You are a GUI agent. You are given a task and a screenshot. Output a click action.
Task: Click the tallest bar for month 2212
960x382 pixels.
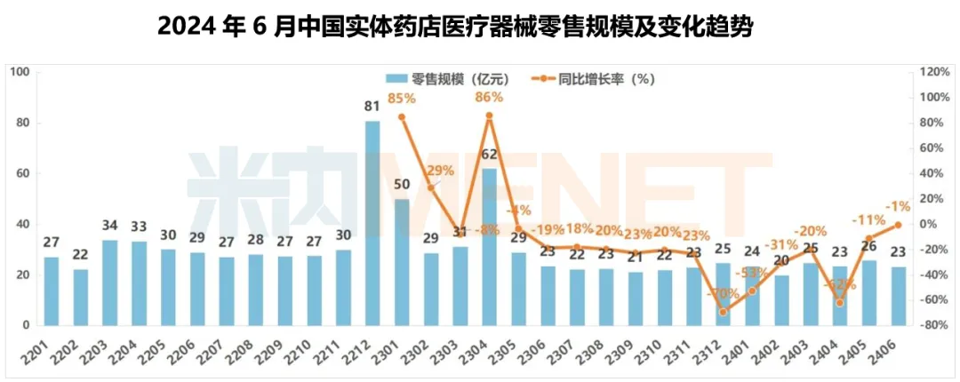(x=373, y=222)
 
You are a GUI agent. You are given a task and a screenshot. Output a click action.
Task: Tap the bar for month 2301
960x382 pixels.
(x=402, y=262)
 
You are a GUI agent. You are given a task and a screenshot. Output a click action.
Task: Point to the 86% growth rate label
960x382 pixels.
(x=489, y=98)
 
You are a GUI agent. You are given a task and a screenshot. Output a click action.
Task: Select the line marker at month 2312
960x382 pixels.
(x=724, y=312)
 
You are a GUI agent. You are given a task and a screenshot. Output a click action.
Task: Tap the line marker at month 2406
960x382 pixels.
(x=898, y=225)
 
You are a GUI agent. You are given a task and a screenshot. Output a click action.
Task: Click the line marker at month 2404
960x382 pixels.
(x=840, y=303)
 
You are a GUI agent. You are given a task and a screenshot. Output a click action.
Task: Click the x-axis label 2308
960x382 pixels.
(x=603, y=348)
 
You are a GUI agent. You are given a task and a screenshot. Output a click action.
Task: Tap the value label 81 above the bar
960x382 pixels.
(x=373, y=108)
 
